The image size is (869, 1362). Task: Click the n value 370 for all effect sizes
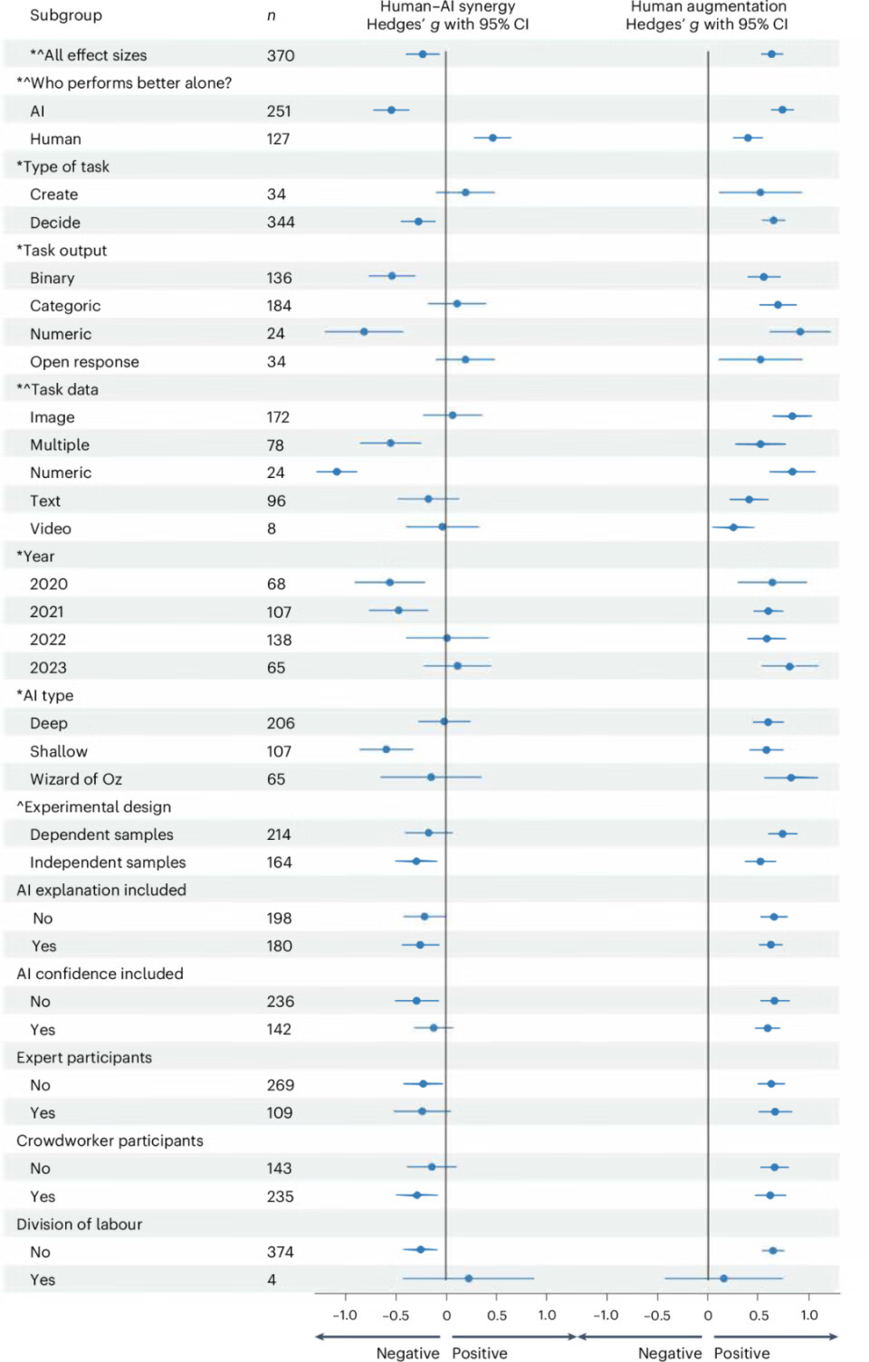(281, 55)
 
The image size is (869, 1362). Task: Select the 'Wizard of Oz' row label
(75, 779)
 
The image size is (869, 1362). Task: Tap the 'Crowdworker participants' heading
(110, 1140)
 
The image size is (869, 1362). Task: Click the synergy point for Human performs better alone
(492, 138)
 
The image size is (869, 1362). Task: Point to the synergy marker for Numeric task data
(337, 471)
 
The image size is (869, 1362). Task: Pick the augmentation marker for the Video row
(733, 527)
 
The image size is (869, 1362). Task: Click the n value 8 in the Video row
(272, 529)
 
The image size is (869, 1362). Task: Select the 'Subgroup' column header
(66, 15)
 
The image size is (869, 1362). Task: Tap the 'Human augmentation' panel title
(708, 7)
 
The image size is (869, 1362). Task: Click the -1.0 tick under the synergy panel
(344, 1315)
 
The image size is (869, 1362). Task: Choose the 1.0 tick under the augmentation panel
(809, 1315)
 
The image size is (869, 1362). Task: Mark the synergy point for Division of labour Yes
(468, 1278)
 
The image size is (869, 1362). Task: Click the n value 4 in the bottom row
(272, 1280)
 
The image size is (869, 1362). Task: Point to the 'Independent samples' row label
(108, 862)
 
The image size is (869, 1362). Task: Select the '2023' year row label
(48, 668)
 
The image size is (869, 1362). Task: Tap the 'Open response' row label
(84, 362)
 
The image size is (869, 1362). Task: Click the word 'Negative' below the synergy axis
(407, 1353)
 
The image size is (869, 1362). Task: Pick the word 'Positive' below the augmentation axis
(741, 1353)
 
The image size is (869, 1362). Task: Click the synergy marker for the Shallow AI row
(387, 749)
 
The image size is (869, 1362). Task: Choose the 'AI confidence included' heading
(100, 974)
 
